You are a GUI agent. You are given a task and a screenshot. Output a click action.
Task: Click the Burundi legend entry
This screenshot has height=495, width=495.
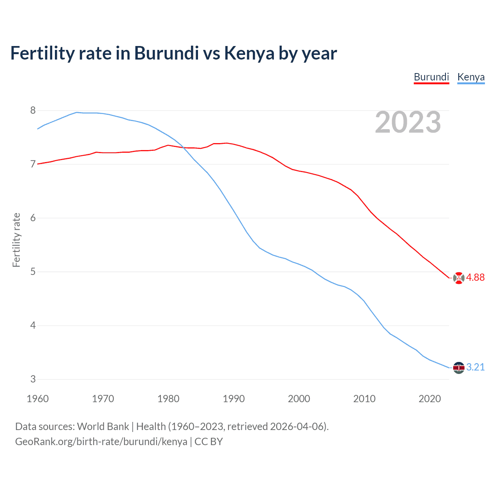431,77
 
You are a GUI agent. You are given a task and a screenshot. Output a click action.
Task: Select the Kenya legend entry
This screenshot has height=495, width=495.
471,77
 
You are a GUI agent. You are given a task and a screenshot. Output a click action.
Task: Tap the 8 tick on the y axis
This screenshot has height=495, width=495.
33,111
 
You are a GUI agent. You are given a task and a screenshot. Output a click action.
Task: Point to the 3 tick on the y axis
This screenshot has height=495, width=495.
33,379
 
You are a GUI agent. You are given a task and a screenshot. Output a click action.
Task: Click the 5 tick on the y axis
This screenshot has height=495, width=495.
33,272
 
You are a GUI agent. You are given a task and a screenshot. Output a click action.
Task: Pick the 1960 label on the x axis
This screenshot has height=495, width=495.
38,399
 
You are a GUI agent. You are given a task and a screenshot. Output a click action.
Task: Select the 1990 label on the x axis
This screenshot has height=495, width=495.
234,399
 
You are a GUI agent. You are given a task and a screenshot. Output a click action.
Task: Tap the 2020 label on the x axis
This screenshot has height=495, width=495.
430,399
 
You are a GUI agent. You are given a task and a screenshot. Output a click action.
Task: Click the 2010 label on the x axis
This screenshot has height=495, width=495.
364,399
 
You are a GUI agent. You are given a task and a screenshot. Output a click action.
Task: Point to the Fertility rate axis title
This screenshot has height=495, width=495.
16,240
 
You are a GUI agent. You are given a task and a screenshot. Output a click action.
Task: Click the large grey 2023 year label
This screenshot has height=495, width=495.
408,122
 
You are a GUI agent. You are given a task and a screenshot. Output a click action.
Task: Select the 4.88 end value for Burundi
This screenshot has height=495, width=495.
475,278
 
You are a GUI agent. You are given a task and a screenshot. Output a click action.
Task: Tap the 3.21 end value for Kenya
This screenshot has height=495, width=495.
475,367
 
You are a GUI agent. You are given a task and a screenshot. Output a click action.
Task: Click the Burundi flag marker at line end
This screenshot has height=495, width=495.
459,278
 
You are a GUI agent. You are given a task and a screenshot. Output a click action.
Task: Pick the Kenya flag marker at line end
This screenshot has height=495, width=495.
459,367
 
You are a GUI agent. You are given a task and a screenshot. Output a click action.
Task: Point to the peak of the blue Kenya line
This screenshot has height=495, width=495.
77,112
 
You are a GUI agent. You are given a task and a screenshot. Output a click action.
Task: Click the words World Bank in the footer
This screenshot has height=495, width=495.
103,427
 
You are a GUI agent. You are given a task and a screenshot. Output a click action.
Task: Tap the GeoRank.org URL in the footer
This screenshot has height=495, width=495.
101,442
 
